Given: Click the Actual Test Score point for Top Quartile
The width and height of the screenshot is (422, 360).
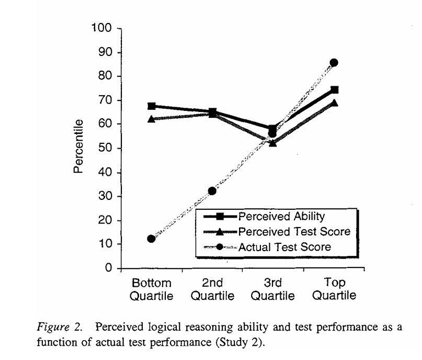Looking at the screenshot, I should point(334,63).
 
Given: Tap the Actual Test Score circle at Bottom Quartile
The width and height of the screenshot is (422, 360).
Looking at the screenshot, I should point(151,239).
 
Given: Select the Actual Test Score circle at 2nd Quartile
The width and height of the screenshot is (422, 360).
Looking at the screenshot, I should point(212,191).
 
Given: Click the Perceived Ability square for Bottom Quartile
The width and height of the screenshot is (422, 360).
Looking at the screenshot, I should point(151,106).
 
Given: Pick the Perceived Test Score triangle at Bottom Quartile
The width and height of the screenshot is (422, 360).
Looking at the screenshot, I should point(151,119).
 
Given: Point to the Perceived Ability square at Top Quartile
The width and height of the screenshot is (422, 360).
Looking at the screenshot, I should point(334,90).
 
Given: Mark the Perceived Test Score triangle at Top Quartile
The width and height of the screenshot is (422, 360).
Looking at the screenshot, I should point(334,103).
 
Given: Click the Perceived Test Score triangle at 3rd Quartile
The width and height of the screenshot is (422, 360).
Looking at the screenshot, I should point(272,142).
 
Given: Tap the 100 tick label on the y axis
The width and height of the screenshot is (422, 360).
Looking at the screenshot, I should point(102,28).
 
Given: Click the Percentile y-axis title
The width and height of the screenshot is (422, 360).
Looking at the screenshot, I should point(78,147).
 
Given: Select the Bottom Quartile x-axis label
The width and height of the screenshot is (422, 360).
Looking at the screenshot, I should point(151,289).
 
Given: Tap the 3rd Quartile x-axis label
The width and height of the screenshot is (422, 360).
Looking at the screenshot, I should point(272,289).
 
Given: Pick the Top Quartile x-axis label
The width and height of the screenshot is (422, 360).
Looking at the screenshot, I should point(334,289).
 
